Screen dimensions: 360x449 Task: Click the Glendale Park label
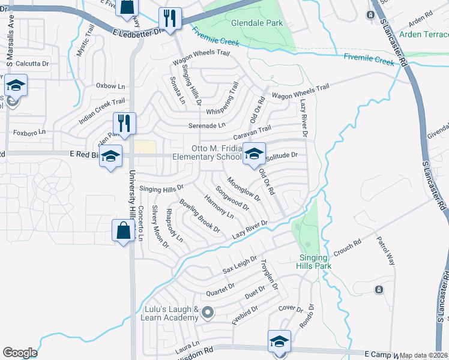click(x=257, y=23)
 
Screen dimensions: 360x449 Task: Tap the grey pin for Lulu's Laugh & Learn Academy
click(x=208, y=312)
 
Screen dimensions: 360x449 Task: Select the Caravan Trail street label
click(x=253, y=133)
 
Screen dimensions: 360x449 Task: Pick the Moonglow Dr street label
click(x=244, y=188)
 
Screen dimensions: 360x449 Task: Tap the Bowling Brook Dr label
click(x=200, y=215)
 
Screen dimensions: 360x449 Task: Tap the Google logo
click(x=20, y=353)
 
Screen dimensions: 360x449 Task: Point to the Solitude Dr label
click(x=282, y=156)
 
